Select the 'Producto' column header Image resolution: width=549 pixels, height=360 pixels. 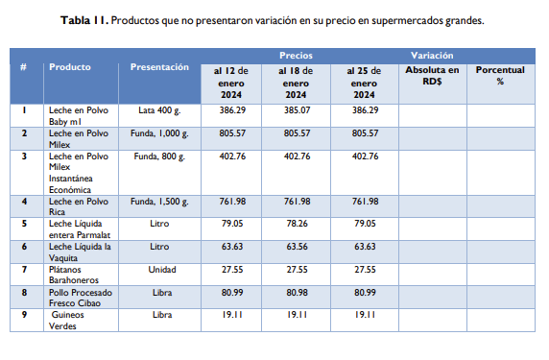click(x=70, y=68)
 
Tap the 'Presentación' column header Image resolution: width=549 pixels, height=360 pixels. click(x=159, y=68)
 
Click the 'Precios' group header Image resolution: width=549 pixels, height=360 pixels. click(x=296, y=57)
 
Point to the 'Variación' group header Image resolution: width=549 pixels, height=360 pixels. click(x=432, y=57)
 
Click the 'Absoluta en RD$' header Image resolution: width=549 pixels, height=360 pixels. click(x=432, y=76)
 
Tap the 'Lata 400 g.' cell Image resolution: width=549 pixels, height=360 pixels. click(x=159, y=111)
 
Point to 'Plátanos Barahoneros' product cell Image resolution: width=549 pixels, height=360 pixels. click(x=74, y=276)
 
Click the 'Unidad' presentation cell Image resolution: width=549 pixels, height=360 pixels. click(x=159, y=271)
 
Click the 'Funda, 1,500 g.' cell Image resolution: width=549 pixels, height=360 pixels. click(x=159, y=202)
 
